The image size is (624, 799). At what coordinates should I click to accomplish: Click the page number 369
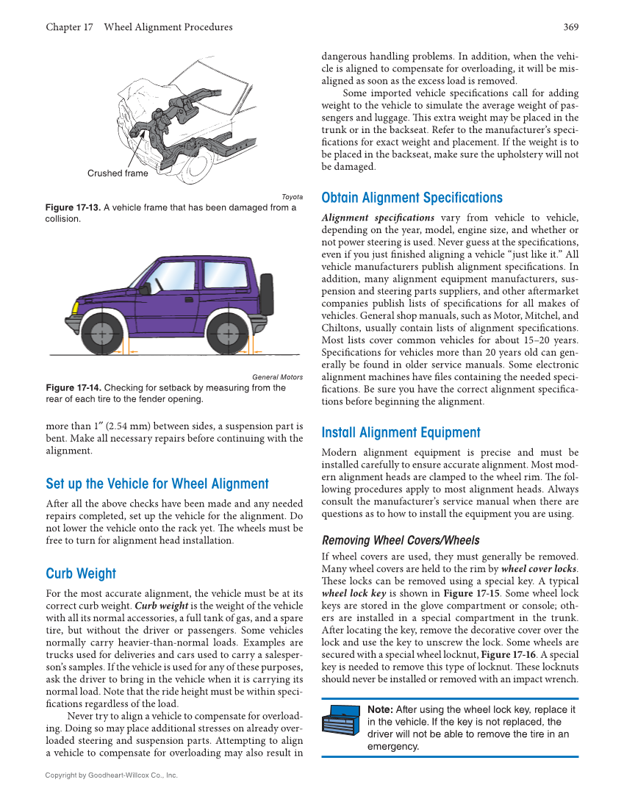(570, 27)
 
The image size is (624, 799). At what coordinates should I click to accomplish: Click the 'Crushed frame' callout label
(118, 173)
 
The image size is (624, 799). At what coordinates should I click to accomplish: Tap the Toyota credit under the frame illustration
(292, 197)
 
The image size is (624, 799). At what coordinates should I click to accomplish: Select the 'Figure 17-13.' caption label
(72, 207)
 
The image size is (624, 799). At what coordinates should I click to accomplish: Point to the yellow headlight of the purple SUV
(77, 308)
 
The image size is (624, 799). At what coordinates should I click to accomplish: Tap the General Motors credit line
(277, 377)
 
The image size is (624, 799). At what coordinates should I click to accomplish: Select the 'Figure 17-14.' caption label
(73, 387)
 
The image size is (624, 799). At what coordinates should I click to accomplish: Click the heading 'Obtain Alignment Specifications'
(412, 198)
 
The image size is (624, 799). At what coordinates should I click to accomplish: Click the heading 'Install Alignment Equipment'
(401, 432)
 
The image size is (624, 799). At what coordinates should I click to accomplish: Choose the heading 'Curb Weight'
(81, 573)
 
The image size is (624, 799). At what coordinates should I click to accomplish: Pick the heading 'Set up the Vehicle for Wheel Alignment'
(157, 484)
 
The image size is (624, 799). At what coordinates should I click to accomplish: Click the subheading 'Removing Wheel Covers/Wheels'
(401, 540)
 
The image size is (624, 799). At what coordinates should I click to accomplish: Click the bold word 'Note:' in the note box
(380, 709)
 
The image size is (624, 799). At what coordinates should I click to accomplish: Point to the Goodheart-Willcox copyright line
(111, 775)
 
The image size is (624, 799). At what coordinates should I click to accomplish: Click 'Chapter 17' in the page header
(69, 27)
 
